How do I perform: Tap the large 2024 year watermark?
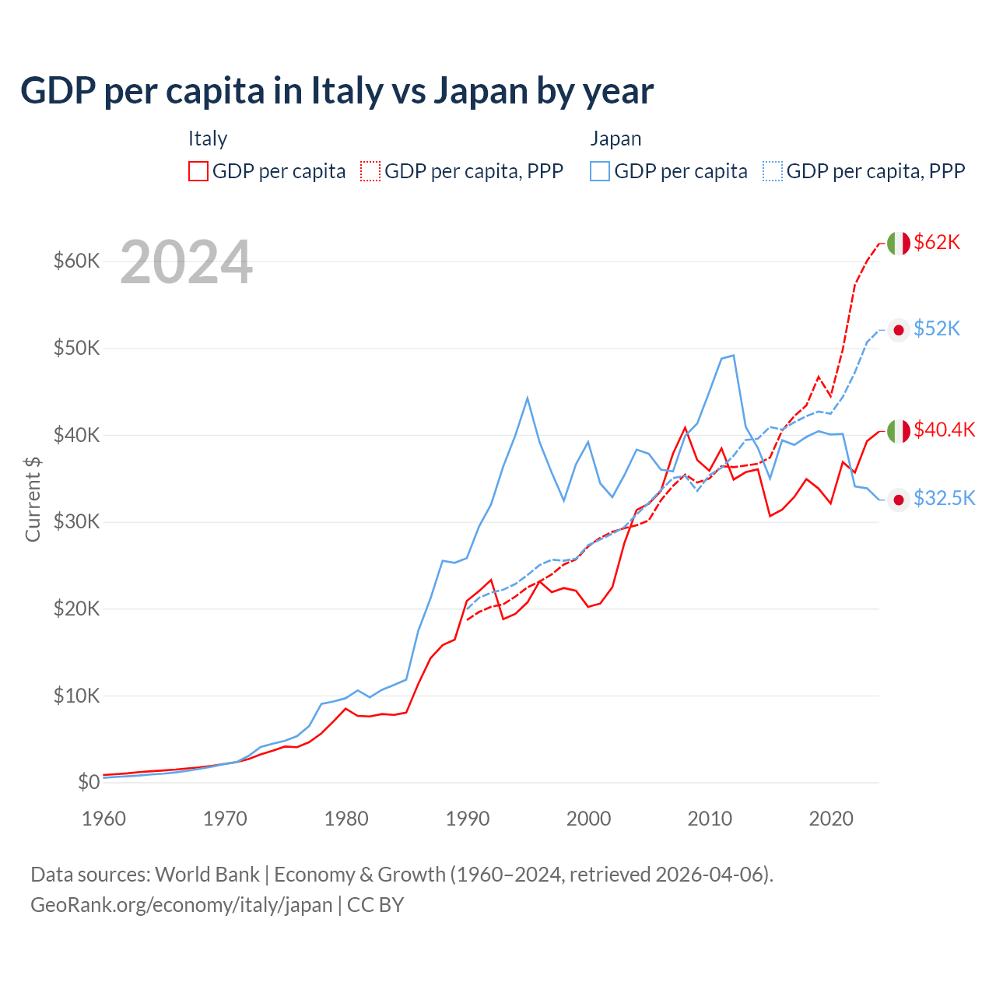coord(186,263)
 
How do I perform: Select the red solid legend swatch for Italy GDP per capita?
coord(198,171)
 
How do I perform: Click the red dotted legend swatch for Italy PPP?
coord(370,171)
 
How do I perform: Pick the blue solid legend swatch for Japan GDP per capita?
coord(600,171)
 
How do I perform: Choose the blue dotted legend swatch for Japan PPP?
coord(773,171)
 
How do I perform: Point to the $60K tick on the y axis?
coord(76,261)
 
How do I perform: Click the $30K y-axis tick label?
coord(76,521)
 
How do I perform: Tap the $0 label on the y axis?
coord(89,782)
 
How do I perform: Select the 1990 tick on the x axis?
coord(468,819)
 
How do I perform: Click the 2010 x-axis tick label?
coord(710,819)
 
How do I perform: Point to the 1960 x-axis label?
coord(104,819)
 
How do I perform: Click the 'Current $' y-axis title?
coord(33,499)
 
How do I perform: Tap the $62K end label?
coord(937,243)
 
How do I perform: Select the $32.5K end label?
coord(944,499)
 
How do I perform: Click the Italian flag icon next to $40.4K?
coord(899,430)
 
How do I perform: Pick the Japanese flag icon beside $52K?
coord(899,330)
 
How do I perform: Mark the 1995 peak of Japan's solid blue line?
coord(528,398)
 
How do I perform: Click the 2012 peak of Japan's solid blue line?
coord(733,355)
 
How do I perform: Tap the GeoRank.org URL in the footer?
coord(181,905)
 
